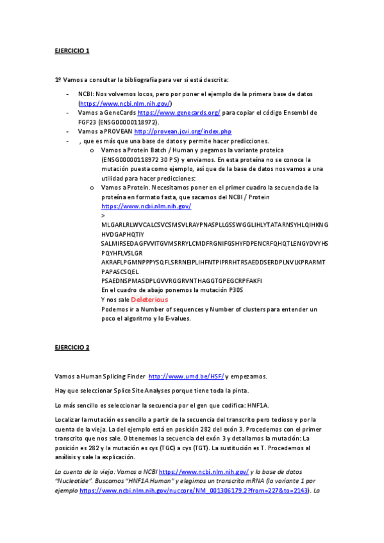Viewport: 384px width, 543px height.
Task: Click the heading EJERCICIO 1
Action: tap(72, 50)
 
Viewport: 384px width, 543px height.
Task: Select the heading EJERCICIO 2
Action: tap(72, 348)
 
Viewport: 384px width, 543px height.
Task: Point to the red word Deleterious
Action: tap(149, 299)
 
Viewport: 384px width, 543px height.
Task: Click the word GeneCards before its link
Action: tap(122, 113)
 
